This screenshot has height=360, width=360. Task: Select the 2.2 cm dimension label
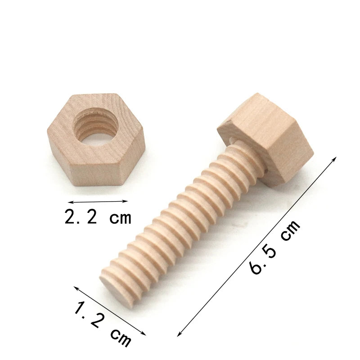coord(98,216)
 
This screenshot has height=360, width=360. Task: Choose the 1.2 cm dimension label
coord(103,326)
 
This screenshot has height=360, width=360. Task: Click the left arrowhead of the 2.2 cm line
coord(71,202)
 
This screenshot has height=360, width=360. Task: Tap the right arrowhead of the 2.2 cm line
coord(126,201)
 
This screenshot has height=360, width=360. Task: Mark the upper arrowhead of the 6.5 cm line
coord(334,159)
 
